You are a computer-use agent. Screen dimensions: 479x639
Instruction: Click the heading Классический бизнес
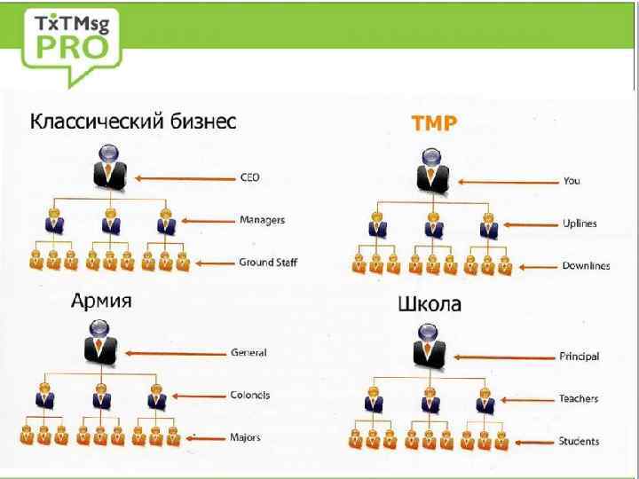tap(134, 122)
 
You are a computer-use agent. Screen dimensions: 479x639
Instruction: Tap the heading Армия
tap(102, 302)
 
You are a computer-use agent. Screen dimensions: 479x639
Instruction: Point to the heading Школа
tap(429, 304)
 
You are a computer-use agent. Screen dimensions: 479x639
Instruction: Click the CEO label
tap(250, 177)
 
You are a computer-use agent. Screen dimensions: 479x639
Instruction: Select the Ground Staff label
tap(268, 263)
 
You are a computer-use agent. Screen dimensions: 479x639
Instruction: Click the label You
tap(572, 181)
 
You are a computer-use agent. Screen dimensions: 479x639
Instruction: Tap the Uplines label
tap(580, 224)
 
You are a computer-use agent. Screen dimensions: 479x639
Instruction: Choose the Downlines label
tap(585, 265)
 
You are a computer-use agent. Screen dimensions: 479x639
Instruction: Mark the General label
tap(248, 352)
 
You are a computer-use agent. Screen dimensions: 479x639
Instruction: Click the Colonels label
tap(250, 395)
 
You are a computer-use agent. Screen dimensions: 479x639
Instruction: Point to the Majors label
tap(246, 437)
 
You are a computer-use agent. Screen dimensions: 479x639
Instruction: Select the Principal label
tap(579, 357)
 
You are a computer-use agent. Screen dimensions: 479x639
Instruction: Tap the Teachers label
tap(579, 399)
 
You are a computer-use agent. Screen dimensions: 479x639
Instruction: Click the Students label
tap(579, 441)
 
